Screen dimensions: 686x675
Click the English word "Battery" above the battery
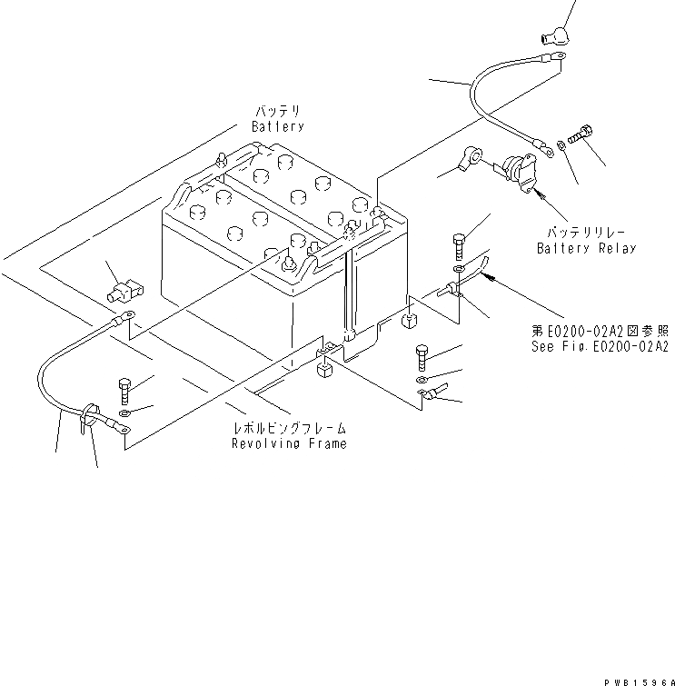[278, 127]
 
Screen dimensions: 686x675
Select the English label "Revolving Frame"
[289, 443]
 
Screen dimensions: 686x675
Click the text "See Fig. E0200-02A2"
[600, 346]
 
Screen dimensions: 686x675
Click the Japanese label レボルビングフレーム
[289, 427]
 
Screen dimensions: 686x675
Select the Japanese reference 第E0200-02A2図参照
[600, 332]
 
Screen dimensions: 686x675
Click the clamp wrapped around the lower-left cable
[86, 416]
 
